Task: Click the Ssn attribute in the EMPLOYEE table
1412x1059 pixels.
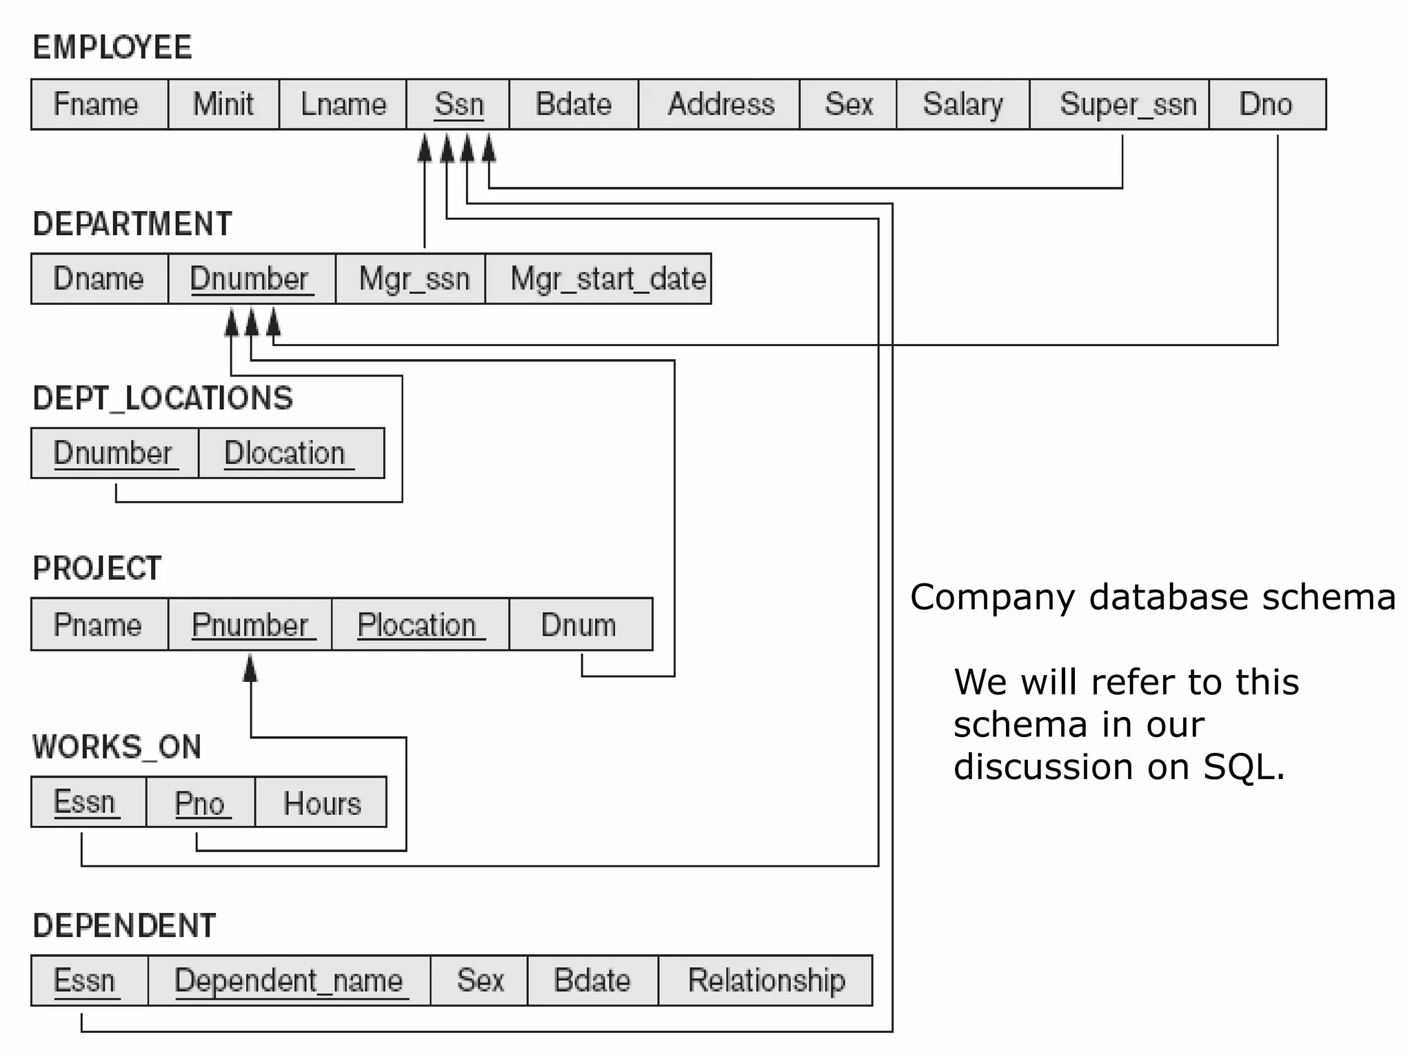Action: click(458, 105)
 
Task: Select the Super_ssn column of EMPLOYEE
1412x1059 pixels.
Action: click(1127, 105)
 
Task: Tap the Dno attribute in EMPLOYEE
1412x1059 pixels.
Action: click(1266, 105)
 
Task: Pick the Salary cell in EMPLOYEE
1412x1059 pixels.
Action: click(962, 105)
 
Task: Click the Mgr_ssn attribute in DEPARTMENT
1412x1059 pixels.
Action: click(414, 279)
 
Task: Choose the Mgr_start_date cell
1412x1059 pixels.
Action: click(607, 279)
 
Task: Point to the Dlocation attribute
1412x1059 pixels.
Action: click(285, 454)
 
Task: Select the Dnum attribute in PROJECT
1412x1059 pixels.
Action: click(578, 625)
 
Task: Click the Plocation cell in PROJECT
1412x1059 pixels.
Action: click(417, 625)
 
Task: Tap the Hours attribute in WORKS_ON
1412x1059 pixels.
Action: click(322, 803)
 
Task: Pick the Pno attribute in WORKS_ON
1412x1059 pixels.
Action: click(200, 803)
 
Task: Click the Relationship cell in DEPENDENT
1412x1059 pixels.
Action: click(766, 980)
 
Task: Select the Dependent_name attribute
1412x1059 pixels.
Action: click(288, 980)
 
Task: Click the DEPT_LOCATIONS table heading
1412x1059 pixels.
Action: click(163, 399)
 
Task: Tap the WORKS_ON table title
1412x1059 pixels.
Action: click(117, 747)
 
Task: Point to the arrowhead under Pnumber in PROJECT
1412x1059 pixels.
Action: click(250, 668)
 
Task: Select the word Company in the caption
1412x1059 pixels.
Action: click(991, 597)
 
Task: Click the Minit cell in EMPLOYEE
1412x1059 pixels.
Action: click(223, 105)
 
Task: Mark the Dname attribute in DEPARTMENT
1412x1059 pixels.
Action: click(99, 279)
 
